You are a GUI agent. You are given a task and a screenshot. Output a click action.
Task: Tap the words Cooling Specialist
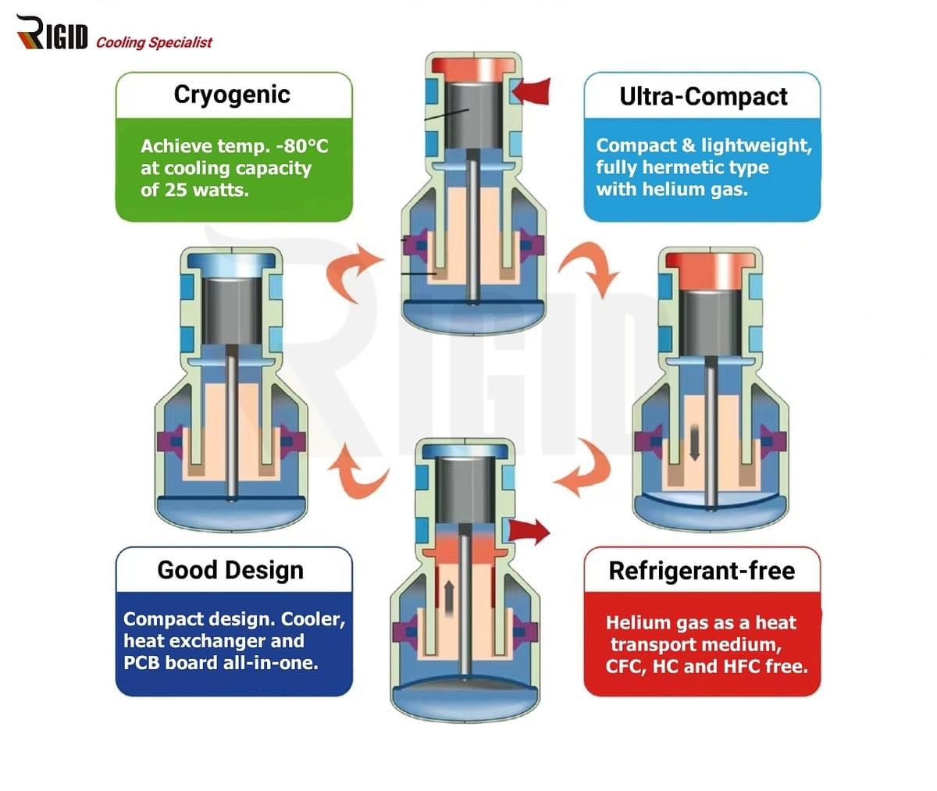pyautogui.click(x=154, y=42)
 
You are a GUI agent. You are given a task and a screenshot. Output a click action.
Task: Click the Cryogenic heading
pyautogui.click(x=232, y=94)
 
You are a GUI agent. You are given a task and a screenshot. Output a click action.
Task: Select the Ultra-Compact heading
pyautogui.click(x=703, y=96)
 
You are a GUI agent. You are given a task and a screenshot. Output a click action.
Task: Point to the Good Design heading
pyautogui.click(x=230, y=570)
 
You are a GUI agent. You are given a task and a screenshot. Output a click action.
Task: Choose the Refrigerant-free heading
pyautogui.click(x=701, y=571)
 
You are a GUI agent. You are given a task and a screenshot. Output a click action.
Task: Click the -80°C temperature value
pyautogui.click(x=301, y=146)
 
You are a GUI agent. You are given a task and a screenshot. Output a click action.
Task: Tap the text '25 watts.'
pyautogui.click(x=206, y=189)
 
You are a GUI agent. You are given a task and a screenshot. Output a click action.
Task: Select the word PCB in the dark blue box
pyautogui.click(x=142, y=663)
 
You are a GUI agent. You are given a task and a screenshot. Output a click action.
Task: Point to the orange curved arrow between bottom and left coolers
pyautogui.click(x=353, y=468)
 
